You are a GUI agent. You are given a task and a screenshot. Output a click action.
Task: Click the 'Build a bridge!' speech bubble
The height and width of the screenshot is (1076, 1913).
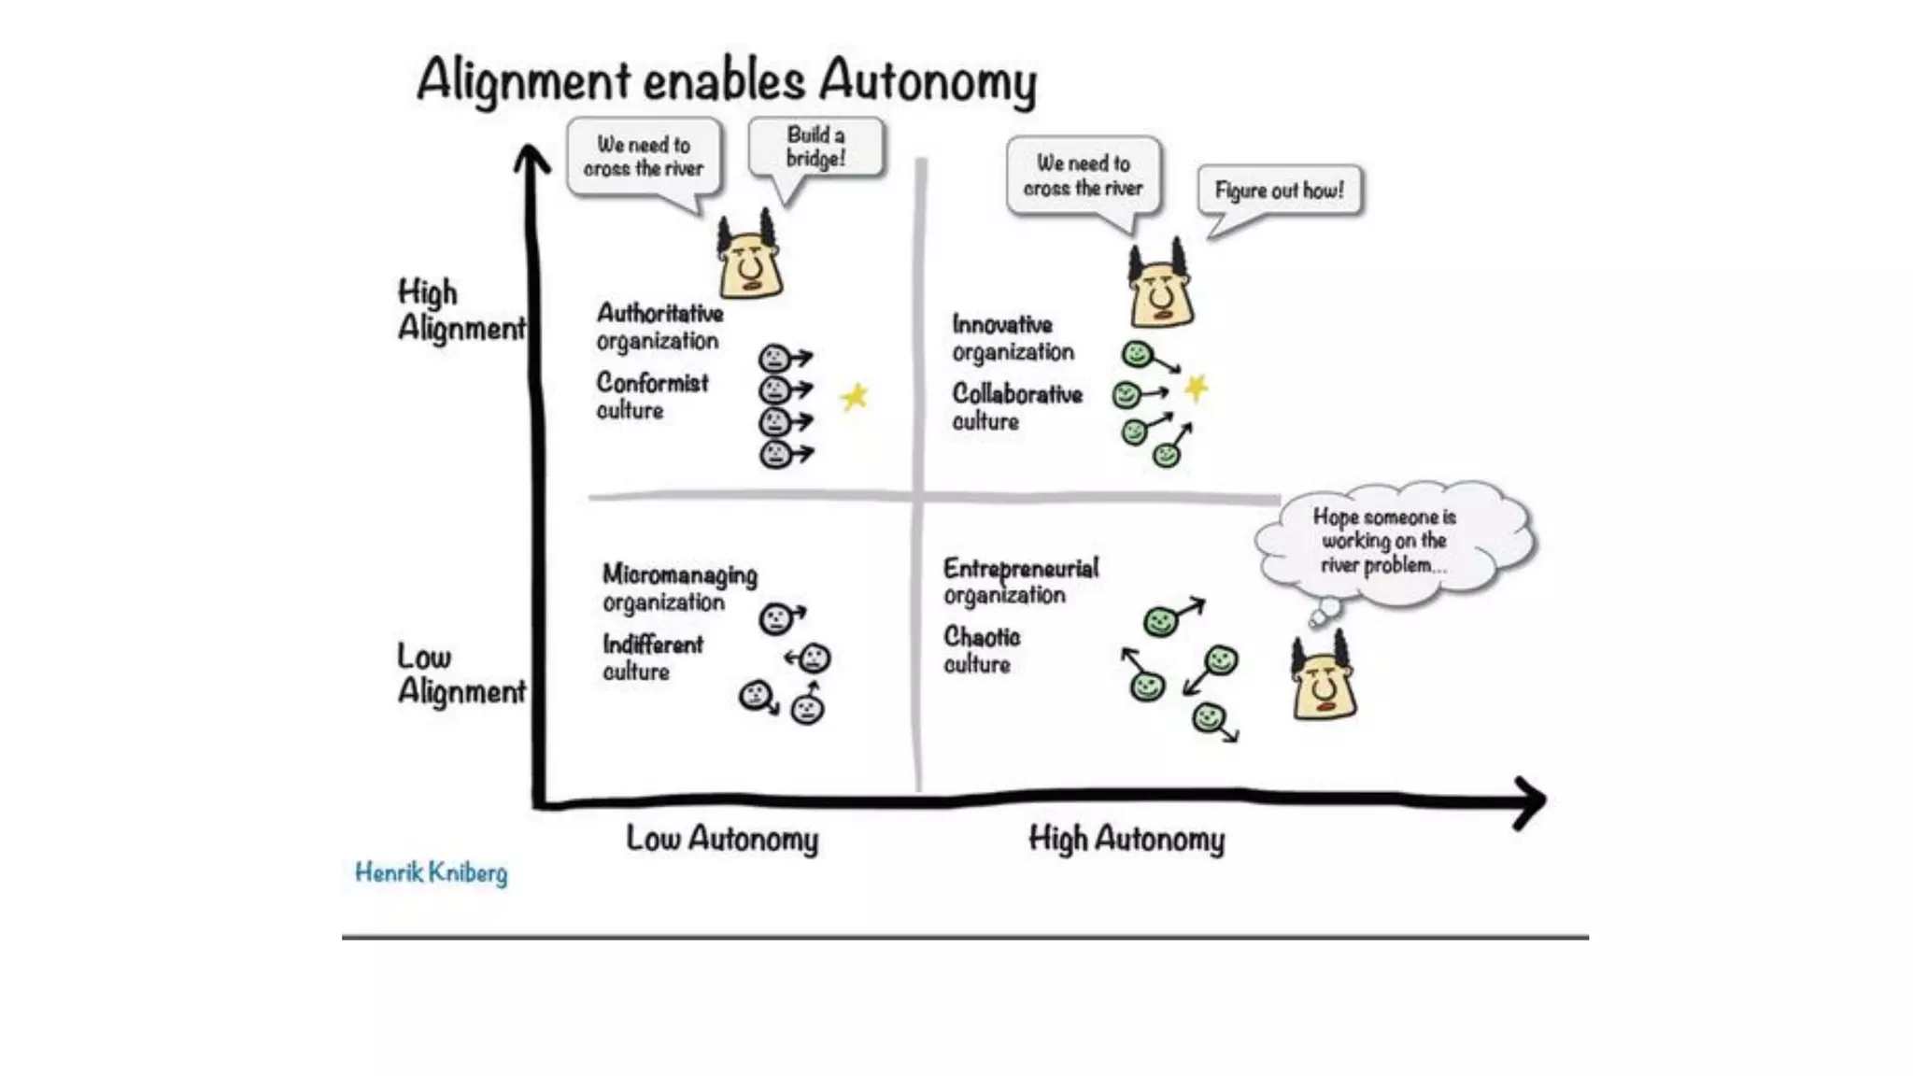pyautogui.click(x=815, y=148)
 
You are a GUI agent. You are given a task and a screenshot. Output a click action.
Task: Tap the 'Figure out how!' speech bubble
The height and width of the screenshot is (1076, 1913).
pyautogui.click(x=1279, y=191)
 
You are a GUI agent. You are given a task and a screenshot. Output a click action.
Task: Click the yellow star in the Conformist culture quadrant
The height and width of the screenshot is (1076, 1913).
pyautogui.click(x=854, y=397)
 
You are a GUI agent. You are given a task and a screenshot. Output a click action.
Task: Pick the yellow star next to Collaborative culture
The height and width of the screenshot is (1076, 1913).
pyautogui.click(x=1196, y=387)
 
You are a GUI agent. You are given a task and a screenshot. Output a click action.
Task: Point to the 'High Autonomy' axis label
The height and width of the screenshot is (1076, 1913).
pyautogui.click(x=1126, y=839)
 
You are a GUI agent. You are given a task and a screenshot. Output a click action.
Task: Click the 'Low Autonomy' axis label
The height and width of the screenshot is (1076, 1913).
pyautogui.click(x=722, y=839)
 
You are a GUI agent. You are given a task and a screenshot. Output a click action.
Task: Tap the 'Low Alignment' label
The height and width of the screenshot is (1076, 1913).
pyautogui.click(x=461, y=673)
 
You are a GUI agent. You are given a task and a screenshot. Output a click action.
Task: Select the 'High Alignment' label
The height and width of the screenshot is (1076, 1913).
pyautogui.click(x=461, y=310)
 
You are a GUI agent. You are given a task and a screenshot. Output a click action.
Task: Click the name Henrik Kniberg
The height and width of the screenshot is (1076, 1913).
pyautogui.click(x=431, y=873)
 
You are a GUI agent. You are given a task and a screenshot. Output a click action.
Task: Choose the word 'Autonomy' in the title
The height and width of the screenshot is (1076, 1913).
pyautogui.click(x=928, y=80)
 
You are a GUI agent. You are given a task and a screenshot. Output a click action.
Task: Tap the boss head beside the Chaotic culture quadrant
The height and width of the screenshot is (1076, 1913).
pyautogui.click(x=1324, y=678)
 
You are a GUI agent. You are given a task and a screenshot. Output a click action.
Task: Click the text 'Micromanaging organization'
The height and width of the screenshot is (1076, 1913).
pyautogui.click(x=679, y=588)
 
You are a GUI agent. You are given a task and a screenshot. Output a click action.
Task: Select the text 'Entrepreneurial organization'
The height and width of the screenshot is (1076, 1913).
pyautogui.click(x=1020, y=581)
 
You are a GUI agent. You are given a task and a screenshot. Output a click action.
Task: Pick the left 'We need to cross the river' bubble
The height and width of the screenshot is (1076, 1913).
pyautogui.click(x=644, y=157)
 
